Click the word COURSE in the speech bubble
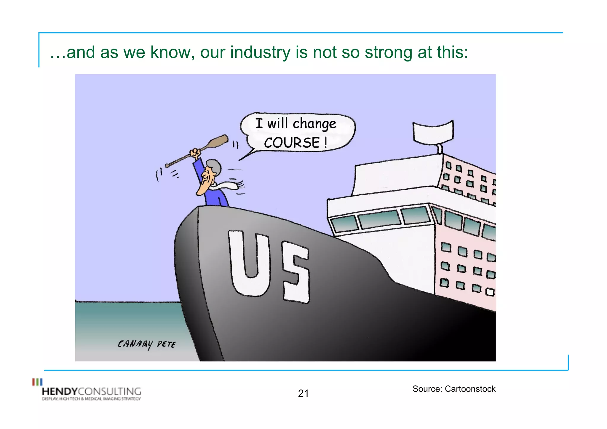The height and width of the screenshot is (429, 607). [292, 143]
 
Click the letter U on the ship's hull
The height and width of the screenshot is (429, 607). [250, 262]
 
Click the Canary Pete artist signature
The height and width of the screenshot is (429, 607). [146, 344]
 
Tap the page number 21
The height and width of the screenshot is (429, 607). [303, 393]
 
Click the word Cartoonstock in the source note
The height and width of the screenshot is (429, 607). [470, 389]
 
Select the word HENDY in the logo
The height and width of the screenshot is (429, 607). [60, 391]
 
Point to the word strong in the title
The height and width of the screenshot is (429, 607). [388, 52]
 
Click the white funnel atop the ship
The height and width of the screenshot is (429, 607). [433, 131]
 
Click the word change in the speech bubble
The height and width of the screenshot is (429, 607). [314, 124]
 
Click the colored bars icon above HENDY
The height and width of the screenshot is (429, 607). [37, 382]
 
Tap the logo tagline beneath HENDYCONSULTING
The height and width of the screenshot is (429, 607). [91, 399]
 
